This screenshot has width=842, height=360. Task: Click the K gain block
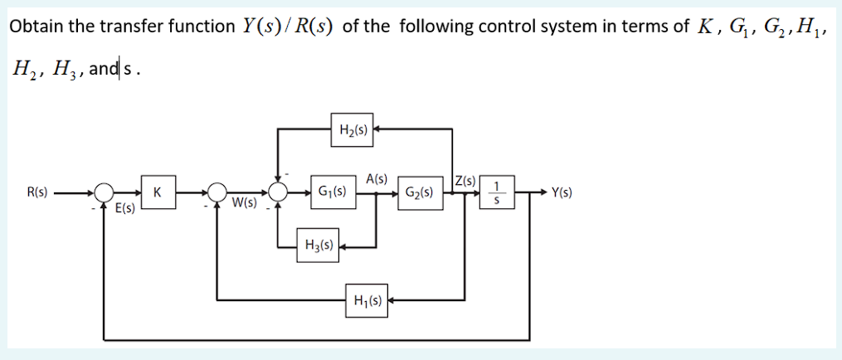click(157, 192)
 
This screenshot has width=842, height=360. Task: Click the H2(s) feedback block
click(354, 129)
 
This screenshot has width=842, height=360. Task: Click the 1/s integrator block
click(496, 192)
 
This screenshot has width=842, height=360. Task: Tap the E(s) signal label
click(124, 211)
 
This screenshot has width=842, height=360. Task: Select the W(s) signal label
click(244, 202)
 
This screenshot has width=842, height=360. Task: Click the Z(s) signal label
click(465, 179)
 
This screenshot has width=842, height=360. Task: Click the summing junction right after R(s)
click(104, 192)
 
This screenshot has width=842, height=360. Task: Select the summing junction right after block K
click(217, 192)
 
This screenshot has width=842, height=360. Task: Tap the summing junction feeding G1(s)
click(277, 192)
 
